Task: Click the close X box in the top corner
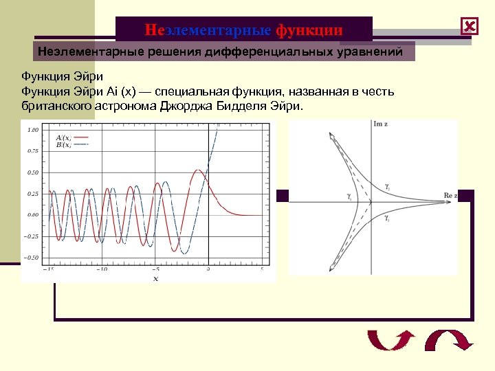coord(470,27)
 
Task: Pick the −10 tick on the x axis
coord(101,269)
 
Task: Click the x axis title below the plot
coord(155,278)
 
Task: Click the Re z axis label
coord(450,196)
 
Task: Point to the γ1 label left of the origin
coord(349,196)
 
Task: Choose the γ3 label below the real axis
coord(387,218)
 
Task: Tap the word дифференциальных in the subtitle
coord(278,51)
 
